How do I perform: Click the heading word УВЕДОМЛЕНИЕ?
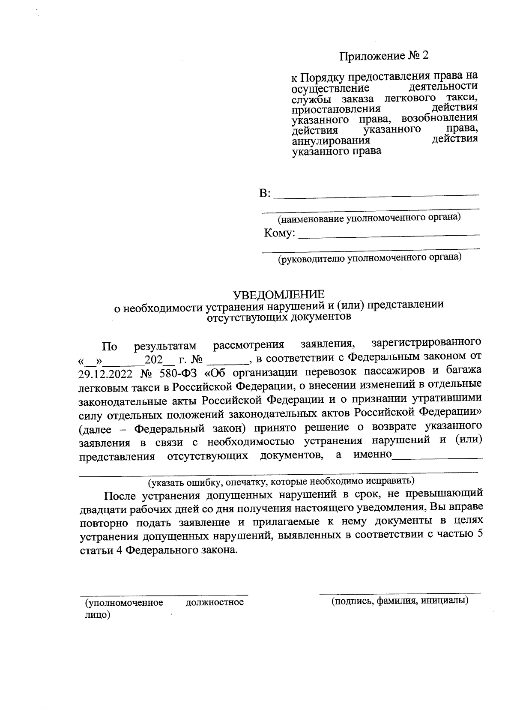click(278, 295)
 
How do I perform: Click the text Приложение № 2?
click(384, 56)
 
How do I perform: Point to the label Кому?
click(279, 233)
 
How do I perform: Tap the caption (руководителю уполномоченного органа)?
click(369, 258)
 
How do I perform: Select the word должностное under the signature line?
click(215, 602)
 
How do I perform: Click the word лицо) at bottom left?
click(98, 615)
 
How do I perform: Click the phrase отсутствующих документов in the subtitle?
click(279, 317)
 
